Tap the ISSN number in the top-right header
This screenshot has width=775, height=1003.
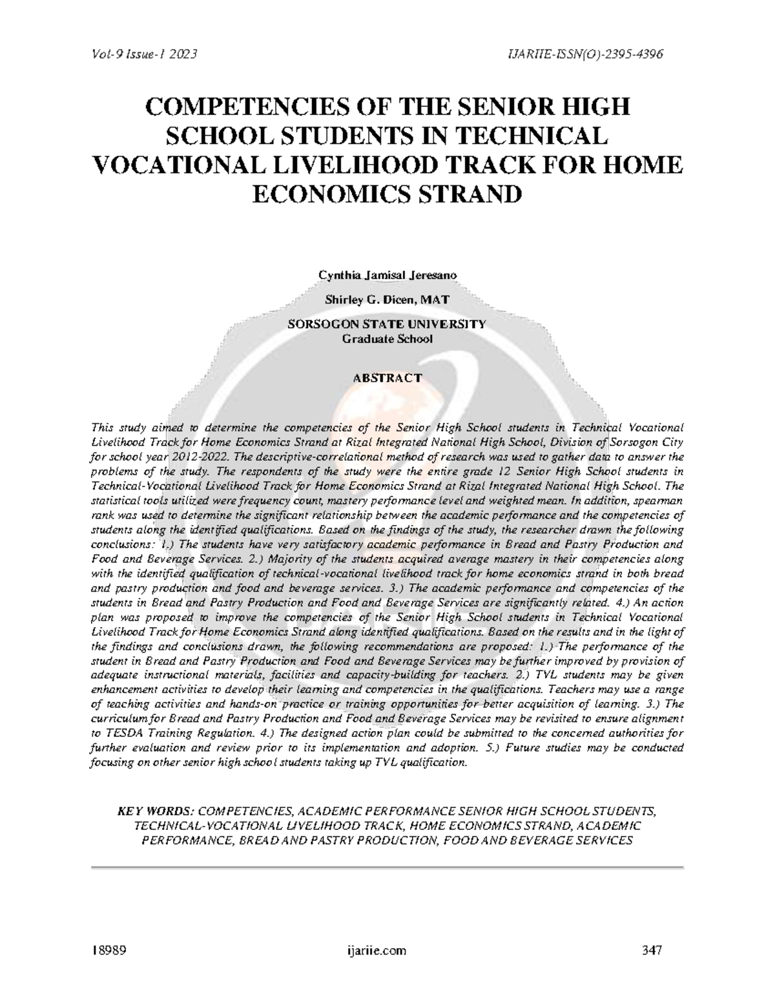(x=586, y=54)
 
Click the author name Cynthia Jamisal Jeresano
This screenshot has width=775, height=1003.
(x=387, y=276)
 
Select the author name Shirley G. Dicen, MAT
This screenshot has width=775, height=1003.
(x=387, y=300)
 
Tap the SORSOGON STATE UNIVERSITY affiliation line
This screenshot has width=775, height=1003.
(x=387, y=324)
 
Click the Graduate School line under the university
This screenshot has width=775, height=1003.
(x=387, y=338)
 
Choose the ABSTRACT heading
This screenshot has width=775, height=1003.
(x=387, y=378)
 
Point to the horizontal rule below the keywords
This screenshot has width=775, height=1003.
(x=387, y=866)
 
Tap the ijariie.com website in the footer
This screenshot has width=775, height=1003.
(x=377, y=951)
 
